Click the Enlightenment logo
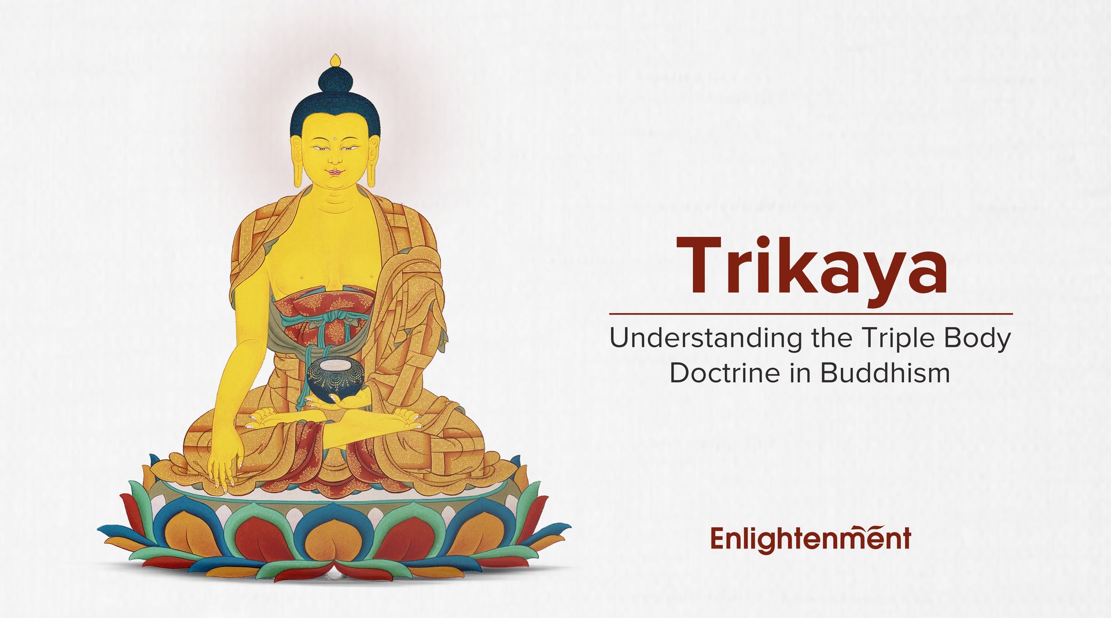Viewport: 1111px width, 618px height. (x=810, y=539)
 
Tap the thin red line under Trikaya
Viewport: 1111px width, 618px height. (x=810, y=313)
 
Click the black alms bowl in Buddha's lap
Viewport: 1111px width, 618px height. (x=334, y=377)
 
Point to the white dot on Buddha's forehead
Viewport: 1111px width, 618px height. (x=335, y=139)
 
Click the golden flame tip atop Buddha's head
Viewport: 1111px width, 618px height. (x=335, y=60)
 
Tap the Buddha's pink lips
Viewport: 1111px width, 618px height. (x=334, y=172)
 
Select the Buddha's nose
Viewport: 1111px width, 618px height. (x=334, y=158)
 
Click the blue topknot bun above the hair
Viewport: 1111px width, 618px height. (x=335, y=81)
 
